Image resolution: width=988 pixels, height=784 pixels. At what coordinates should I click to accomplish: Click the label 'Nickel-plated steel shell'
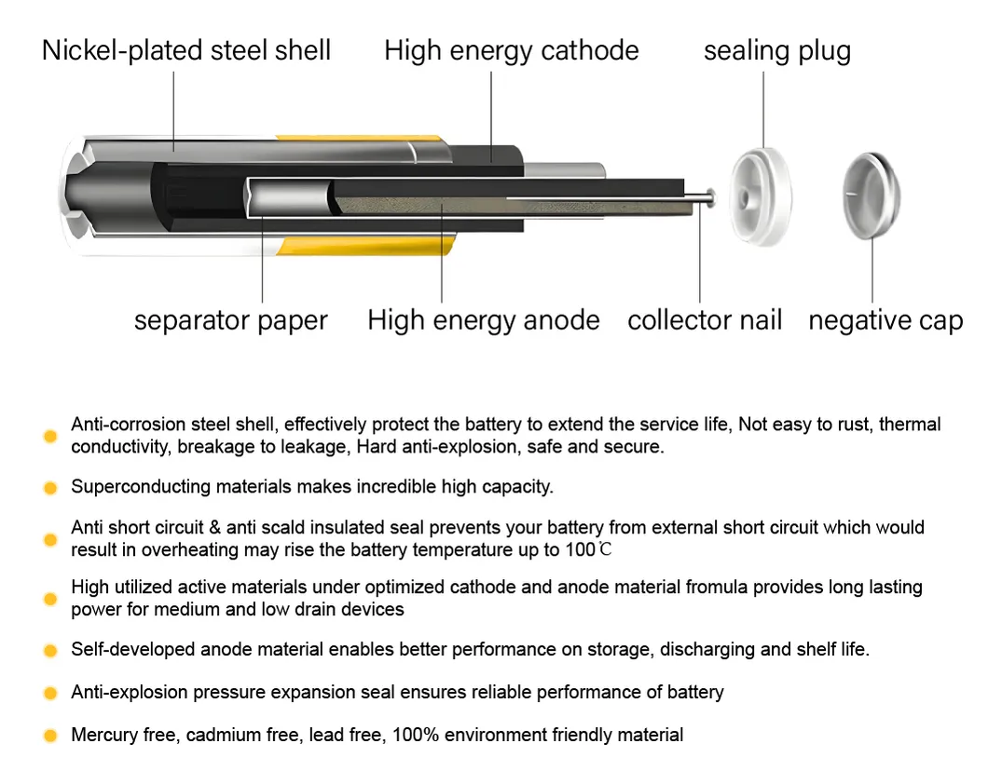tap(185, 50)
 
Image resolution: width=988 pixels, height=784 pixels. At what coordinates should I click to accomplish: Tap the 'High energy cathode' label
tap(512, 50)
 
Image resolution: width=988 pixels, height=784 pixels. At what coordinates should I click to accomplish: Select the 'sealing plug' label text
tap(777, 51)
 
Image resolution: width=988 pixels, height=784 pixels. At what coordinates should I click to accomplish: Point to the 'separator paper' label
tap(230, 320)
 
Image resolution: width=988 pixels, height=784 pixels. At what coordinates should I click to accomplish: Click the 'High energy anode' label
tap(484, 320)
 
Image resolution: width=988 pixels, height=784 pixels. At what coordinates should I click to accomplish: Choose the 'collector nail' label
tap(705, 319)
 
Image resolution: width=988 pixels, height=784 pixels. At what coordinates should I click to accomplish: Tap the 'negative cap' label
tap(885, 321)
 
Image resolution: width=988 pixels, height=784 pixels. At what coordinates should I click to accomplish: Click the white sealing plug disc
tap(761, 197)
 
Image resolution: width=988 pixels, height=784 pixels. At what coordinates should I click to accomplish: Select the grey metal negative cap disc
tap(871, 196)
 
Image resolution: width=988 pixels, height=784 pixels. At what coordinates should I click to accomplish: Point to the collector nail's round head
tap(711, 198)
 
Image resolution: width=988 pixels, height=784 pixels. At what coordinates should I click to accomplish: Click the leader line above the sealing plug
tap(763, 110)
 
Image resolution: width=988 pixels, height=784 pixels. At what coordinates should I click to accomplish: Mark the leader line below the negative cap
tap(872, 271)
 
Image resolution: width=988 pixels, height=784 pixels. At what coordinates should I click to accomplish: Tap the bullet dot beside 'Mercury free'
tap(50, 736)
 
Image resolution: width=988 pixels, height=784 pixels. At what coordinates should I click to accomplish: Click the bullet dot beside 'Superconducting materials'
tap(50, 488)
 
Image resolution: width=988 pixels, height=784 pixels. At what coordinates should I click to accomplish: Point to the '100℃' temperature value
tap(588, 550)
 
